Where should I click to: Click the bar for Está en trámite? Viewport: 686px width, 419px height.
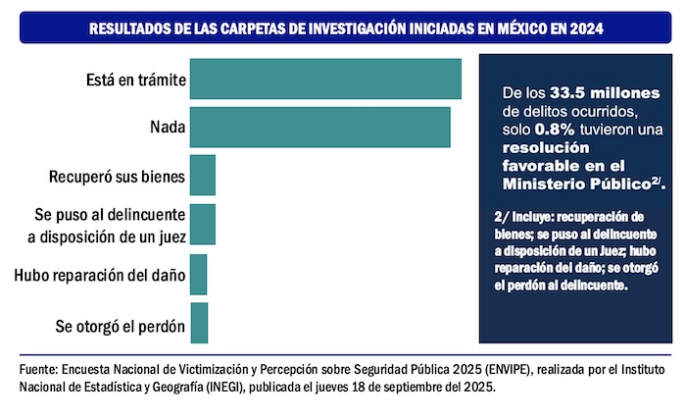pyautogui.click(x=324, y=79)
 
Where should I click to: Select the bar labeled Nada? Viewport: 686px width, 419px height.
pyautogui.click(x=319, y=127)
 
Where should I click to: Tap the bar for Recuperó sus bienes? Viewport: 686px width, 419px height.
pyautogui.click(x=202, y=176)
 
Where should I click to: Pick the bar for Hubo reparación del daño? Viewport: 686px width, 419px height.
pyautogui.click(x=198, y=274)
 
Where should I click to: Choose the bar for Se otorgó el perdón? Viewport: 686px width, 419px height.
pyautogui.click(x=198, y=322)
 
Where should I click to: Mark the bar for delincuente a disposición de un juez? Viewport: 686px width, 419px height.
pyautogui.click(x=202, y=225)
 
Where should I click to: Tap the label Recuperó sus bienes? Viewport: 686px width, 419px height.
pyautogui.click(x=117, y=177)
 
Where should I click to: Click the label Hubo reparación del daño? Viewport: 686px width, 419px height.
pyautogui.click(x=99, y=275)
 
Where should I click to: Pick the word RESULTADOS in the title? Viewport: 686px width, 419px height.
pyautogui.click(x=129, y=29)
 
